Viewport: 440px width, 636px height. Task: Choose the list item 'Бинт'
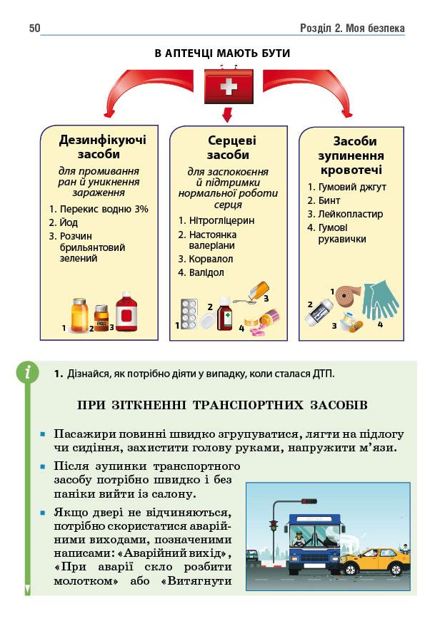pyautogui.click(x=330, y=200)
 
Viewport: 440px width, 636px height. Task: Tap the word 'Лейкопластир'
pyautogui.click(x=350, y=214)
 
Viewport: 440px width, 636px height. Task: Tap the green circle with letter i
pyautogui.click(x=28, y=371)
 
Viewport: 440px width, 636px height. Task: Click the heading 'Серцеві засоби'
pyautogui.click(x=228, y=148)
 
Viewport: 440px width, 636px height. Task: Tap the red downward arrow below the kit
pyautogui.click(x=227, y=114)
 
